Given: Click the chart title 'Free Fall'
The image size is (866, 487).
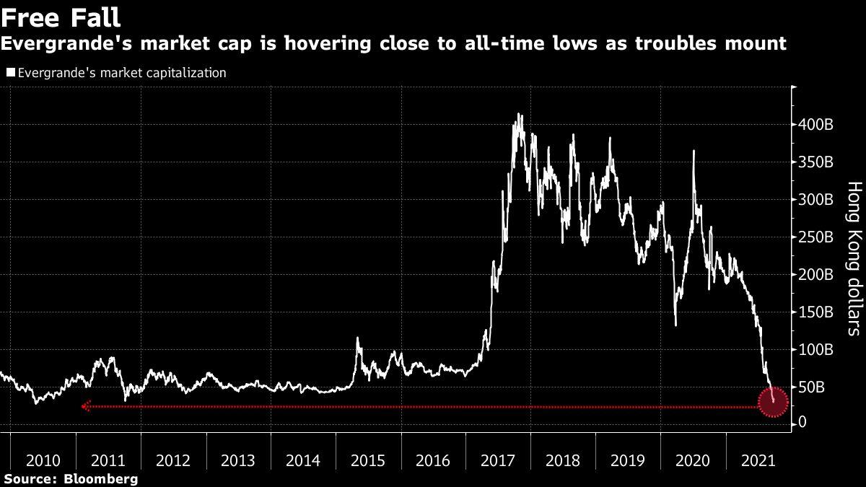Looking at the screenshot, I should pos(61,17).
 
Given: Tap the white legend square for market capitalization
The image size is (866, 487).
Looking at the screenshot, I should pos(10,73).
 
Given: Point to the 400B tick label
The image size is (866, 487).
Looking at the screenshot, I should pos(818,125).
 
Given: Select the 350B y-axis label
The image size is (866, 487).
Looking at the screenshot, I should pos(818,162).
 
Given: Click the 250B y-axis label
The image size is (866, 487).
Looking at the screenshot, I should pos(818,237).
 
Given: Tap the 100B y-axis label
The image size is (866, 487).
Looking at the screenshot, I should pos(818,349).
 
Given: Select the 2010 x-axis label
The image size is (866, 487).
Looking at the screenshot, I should pos(43,460).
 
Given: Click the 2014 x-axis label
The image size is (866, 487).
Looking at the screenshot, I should pos(304,460).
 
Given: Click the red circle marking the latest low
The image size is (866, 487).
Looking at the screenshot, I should pos(773,403).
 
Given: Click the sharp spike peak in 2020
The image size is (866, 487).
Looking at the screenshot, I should pos(694,151).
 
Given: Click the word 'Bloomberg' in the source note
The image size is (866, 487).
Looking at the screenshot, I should pos(102,478).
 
